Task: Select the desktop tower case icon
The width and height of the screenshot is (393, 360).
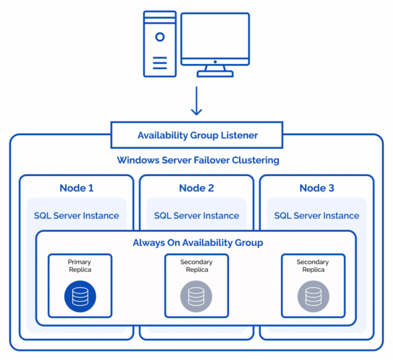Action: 160,44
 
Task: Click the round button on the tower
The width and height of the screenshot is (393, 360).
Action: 160,37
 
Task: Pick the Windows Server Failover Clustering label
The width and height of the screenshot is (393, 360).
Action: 198,160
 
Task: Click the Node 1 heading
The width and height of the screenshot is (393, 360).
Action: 76,188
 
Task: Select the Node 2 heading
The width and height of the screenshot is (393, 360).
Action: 196,188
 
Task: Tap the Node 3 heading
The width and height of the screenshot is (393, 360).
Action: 317,188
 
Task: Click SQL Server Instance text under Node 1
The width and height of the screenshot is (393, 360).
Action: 76,216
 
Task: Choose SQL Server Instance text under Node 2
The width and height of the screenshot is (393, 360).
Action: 196,216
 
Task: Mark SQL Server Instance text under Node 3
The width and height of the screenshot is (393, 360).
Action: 317,216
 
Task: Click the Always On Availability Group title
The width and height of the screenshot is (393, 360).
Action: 198,243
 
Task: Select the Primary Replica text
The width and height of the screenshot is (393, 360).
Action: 80,266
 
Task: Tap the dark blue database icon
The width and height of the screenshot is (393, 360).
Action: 80,296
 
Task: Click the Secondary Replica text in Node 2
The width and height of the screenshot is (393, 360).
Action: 197,266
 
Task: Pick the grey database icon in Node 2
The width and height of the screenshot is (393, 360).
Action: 196,296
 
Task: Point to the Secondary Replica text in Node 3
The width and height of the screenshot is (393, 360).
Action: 313,266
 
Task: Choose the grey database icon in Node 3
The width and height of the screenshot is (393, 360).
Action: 313,296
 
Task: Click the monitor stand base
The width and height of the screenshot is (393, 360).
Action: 215,74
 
